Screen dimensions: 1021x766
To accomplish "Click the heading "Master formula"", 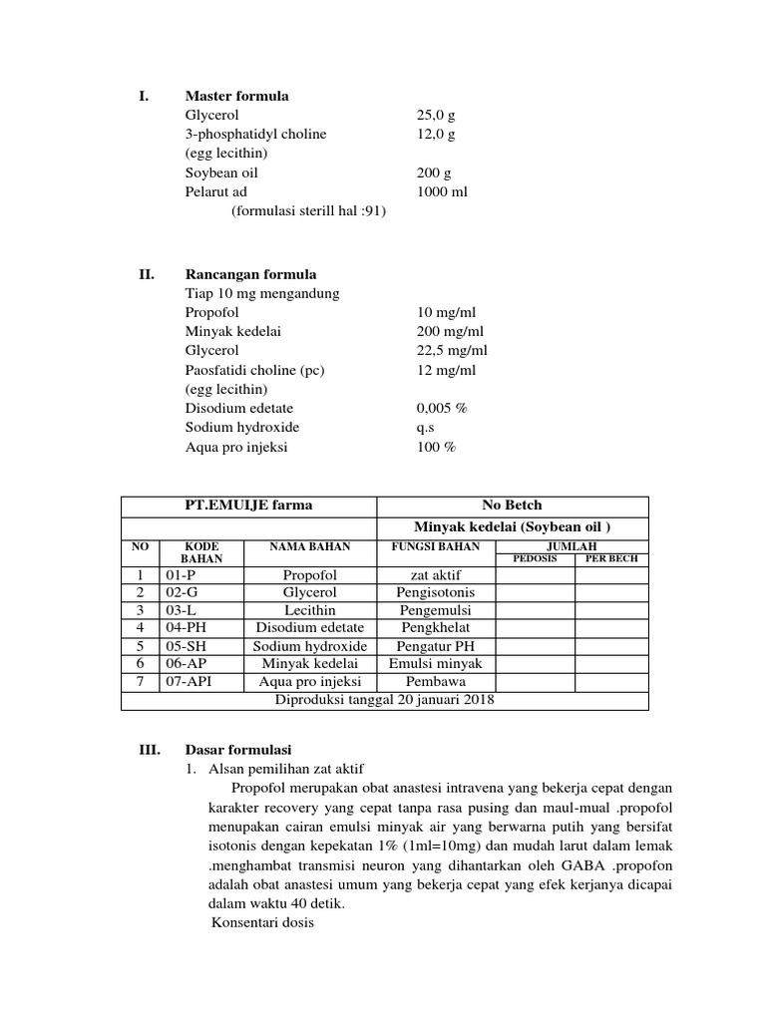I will pos(236,97).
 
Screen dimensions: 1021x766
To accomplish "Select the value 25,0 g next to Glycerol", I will pos(436,116).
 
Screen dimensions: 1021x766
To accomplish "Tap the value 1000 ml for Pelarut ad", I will pos(441,191).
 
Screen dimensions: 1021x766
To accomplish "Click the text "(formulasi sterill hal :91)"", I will pos(308,211).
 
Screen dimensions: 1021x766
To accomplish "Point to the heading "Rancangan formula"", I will pos(250,274).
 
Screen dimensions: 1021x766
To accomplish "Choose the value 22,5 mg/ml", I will pos(452,351).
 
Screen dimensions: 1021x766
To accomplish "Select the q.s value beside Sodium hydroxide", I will pos(426,428).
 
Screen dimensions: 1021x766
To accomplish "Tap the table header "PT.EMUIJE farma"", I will pos(247,506).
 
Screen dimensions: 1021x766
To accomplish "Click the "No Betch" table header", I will pos(512,506).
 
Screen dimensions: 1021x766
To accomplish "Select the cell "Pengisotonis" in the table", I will pos(436,592).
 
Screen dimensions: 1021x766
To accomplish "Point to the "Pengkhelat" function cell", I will pos(436,628).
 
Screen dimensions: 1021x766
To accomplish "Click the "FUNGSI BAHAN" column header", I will pos(436,547).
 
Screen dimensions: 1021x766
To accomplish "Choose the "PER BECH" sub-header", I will pos(610,559).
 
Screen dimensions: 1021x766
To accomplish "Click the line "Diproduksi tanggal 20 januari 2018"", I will pos(384,700).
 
